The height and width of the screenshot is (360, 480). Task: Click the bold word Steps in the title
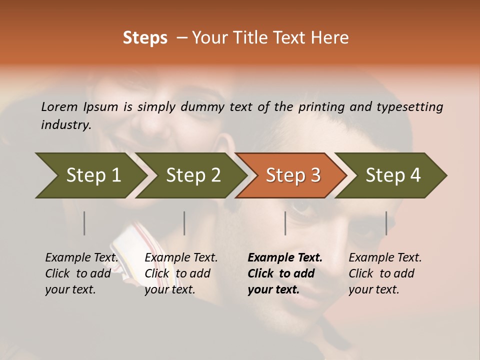145,38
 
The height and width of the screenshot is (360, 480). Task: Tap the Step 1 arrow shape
90,175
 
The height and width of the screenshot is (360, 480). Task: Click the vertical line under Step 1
84,223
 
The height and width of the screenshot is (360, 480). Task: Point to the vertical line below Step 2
184,223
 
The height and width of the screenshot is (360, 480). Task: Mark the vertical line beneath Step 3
285,223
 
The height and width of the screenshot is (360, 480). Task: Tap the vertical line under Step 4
386,223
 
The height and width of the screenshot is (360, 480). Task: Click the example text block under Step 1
81,273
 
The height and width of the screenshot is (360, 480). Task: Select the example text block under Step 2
181,273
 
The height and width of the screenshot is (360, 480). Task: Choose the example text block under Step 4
385,273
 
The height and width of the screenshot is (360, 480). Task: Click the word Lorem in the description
59,106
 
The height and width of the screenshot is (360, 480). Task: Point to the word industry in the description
66,125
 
